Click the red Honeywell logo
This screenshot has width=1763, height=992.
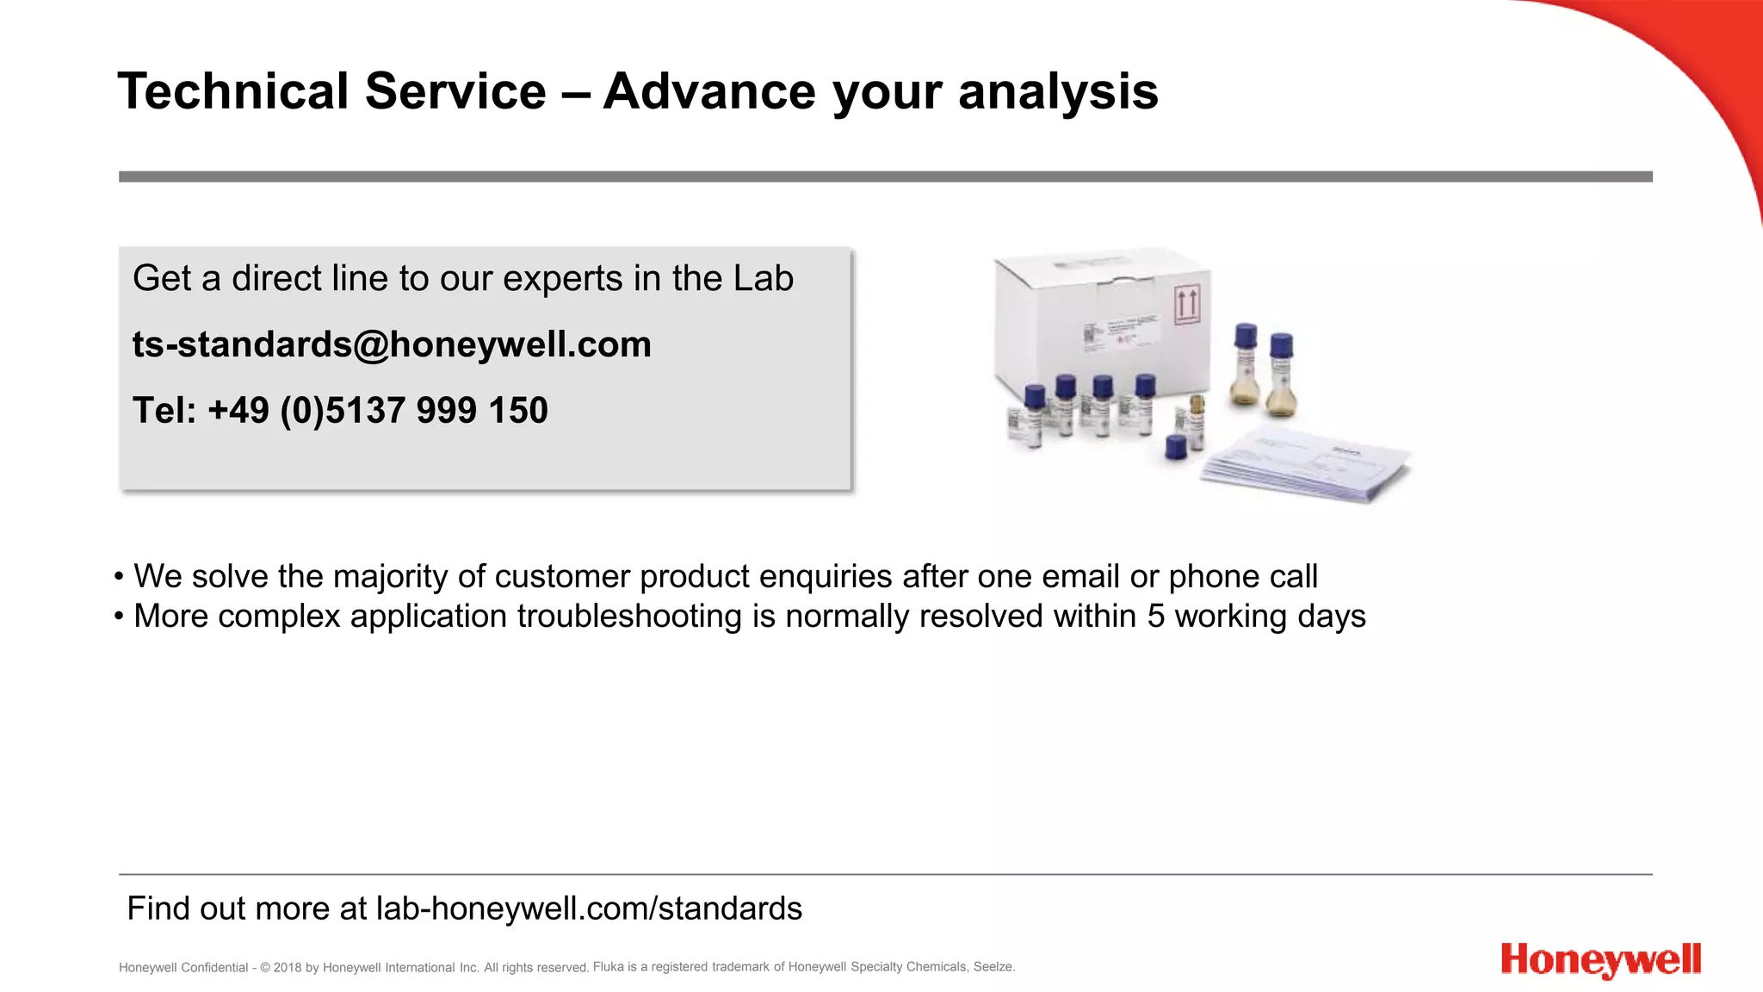(x=1600, y=960)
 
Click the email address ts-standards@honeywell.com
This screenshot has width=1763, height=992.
(x=392, y=344)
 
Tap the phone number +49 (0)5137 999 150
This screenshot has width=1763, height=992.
(x=377, y=411)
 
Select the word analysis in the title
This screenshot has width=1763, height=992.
(x=1058, y=91)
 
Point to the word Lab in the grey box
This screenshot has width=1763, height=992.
(x=763, y=278)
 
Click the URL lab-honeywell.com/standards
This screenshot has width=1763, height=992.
(x=589, y=908)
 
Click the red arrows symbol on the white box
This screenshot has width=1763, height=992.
(x=1187, y=306)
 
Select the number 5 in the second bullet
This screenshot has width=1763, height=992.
(x=1155, y=617)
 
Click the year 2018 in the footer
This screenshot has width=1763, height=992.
(x=287, y=968)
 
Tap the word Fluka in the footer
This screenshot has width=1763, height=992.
(x=608, y=967)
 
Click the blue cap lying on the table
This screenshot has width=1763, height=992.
(x=1175, y=447)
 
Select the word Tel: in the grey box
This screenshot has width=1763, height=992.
(x=164, y=411)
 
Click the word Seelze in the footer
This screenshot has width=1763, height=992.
(x=993, y=967)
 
